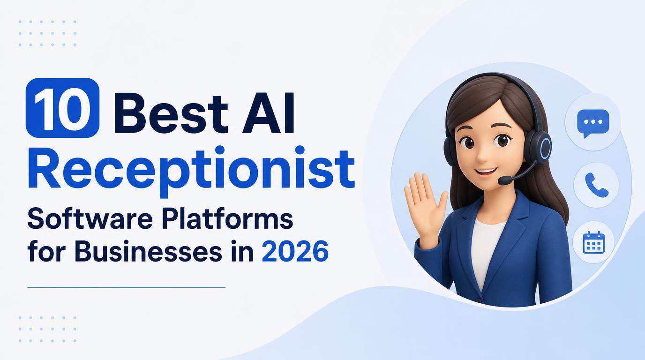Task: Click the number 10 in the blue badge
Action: tap(63, 107)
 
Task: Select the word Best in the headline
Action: tap(171, 113)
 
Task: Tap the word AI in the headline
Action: tap(268, 113)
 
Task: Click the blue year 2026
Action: tap(295, 251)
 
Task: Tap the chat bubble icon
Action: tap(593, 123)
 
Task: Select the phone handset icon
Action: tap(597, 185)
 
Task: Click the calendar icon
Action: tap(593, 242)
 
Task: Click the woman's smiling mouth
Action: tap(485, 172)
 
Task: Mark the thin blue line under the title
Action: tap(127, 287)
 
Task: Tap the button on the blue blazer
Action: tap(479, 300)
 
